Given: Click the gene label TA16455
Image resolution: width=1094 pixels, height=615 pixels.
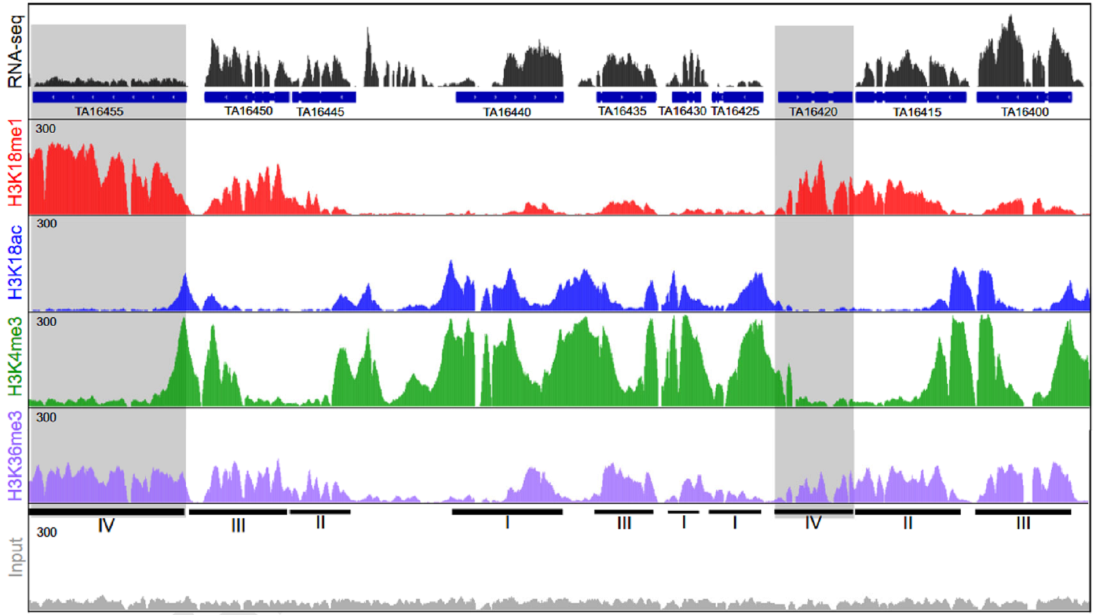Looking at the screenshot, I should pos(99,112).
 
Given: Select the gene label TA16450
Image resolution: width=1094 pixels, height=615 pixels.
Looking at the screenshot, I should pos(248,111).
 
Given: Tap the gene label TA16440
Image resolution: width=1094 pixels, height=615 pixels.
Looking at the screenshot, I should pos(507,112).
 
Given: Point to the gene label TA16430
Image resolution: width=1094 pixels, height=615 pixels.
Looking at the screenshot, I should pos(682,111).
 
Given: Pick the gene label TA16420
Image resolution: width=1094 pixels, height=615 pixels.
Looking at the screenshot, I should pos(813,112).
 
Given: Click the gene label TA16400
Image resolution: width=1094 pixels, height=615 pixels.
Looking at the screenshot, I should pos(1024,112).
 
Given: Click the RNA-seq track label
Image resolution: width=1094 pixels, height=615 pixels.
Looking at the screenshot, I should pos(15,51).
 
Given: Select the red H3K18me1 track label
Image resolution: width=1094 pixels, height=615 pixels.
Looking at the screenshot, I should pos(15,163).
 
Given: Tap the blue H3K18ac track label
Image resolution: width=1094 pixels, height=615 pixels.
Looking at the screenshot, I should pos(15,262).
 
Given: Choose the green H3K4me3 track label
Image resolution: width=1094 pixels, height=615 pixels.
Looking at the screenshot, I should pos(15,356).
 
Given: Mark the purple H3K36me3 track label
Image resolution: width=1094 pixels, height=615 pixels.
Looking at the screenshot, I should pos(15,456).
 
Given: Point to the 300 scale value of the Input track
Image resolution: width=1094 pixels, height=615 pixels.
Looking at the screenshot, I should pos(47,532).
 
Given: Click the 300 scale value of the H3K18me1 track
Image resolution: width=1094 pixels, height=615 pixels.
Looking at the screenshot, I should pos(46,129).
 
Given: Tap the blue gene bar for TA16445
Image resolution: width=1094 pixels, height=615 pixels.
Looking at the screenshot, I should pos(324,97).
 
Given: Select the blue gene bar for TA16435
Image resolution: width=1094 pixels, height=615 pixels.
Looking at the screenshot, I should pos(626,97).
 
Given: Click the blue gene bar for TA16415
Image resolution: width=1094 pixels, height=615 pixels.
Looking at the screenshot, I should pos(911,97).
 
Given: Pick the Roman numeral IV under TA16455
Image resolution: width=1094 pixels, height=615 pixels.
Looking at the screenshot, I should pos(107,525).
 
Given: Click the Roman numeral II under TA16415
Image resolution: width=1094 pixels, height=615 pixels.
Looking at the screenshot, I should pos(908,523).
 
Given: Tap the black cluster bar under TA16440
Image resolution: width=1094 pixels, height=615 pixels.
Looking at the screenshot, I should pos(507,512).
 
